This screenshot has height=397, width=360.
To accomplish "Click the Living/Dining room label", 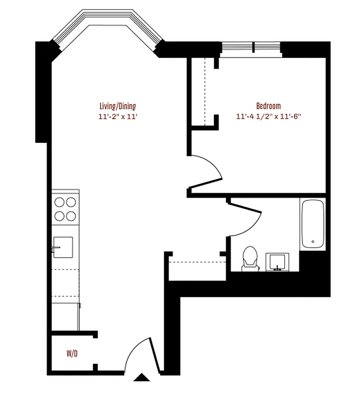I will click(x=118, y=106).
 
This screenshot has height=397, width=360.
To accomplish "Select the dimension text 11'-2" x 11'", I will click(x=118, y=117).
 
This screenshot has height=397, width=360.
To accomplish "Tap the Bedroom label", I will click(x=268, y=106).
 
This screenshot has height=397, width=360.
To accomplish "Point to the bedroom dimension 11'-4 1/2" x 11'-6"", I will click(x=268, y=117).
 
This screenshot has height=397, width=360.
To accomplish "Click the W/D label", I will click(x=72, y=354).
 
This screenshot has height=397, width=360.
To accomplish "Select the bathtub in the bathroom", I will click(x=312, y=224).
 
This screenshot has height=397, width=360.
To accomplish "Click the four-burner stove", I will click(x=65, y=208).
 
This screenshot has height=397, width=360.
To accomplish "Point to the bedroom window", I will click(x=251, y=48).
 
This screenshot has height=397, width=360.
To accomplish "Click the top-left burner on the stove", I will click(x=60, y=202).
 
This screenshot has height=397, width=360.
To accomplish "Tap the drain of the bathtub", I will click(x=312, y=242).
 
